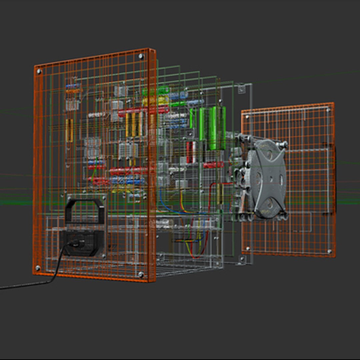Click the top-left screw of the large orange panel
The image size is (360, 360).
point(39,71)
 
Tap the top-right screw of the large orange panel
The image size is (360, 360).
point(141,56)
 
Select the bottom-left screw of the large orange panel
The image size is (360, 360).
point(38,268)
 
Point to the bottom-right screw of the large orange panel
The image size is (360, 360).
point(141,274)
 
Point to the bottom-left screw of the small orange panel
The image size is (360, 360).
point(248,248)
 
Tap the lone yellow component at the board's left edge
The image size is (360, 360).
point(70,130)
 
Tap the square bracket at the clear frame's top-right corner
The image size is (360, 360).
point(242,88)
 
